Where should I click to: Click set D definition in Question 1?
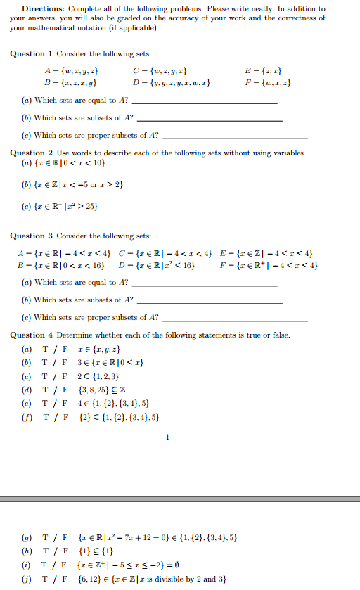pyautogui.click(x=171, y=83)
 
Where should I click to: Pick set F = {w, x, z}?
pyautogui.click(x=268, y=83)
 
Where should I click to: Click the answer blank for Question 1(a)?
pyautogui.click(x=204, y=102)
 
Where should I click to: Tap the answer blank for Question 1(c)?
pyautogui.click(x=235, y=136)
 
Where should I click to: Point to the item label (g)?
pyautogui.click(x=27, y=539)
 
